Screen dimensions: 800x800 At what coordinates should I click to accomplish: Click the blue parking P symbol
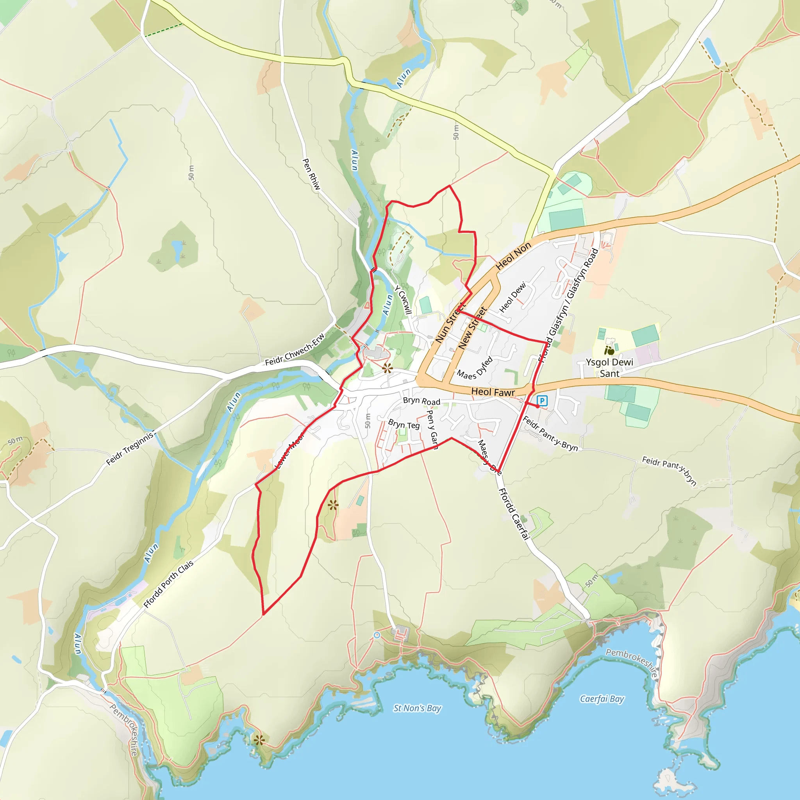(x=542, y=400)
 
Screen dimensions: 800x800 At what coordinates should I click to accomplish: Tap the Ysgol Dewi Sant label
(x=609, y=368)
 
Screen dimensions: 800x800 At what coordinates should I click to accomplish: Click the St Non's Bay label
(x=418, y=708)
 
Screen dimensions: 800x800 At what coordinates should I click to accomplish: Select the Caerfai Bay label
(x=602, y=699)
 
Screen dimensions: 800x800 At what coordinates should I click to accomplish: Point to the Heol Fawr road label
(x=493, y=392)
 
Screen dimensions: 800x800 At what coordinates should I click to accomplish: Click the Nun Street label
(x=450, y=323)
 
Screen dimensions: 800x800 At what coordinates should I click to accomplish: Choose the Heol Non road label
(x=513, y=256)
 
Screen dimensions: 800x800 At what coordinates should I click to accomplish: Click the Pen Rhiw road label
(x=311, y=174)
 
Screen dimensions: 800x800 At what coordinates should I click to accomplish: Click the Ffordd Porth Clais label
(x=168, y=584)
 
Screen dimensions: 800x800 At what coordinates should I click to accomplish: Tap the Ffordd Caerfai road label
(x=514, y=514)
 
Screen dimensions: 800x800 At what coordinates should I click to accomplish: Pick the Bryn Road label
(x=421, y=401)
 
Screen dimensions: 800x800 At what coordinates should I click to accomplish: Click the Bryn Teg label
(x=404, y=425)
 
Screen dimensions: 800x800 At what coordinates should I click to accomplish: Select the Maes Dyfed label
(x=475, y=368)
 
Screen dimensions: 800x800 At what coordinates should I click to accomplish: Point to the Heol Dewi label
(x=512, y=297)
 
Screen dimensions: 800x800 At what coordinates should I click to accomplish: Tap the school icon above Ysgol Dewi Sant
(x=609, y=351)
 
